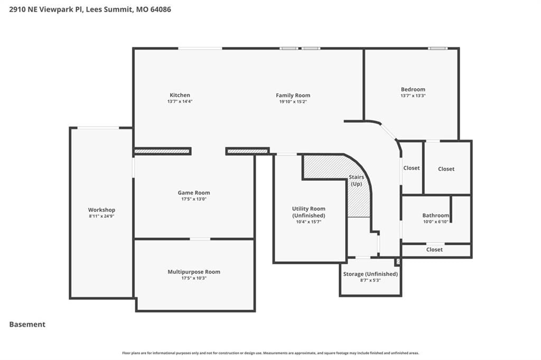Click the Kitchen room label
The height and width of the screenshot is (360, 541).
pyautogui.click(x=180, y=95)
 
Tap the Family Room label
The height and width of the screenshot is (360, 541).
pyautogui.click(x=293, y=95)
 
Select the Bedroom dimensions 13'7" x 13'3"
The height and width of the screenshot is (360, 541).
pyautogui.click(x=413, y=96)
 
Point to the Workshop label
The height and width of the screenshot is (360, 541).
pyautogui.click(x=101, y=210)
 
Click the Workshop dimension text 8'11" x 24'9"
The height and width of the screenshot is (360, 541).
pyautogui.click(x=101, y=216)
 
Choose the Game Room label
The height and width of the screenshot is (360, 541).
pyautogui.click(x=194, y=192)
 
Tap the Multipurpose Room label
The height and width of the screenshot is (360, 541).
pyautogui.click(x=194, y=272)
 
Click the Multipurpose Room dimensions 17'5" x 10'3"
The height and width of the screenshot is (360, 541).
pyautogui.click(x=194, y=278)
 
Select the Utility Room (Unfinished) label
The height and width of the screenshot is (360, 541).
pyautogui.click(x=309, y=212)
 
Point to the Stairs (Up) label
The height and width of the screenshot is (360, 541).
pyautogui.click(x=357, y=180)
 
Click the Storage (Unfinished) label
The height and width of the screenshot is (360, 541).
pyautogui.click(x=370, y=274)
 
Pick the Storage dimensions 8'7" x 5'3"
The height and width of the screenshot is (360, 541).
pyautogui.click(x=370, y=280)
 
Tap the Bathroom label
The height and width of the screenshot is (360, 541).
pyautogui.click(x=436, y=215)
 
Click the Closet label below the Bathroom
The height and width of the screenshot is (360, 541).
pyautogui.click(x=434, y=250)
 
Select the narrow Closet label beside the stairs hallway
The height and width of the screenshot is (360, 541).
pyautogui.click(x=412, y=168)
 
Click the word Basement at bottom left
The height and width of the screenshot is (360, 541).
pyautogui.click(x=27, y=325)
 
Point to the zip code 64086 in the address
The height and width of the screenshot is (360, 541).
pyautogui.click(x=161, y=10)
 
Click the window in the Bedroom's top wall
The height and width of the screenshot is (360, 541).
pyautogui.click(x=437, y=48)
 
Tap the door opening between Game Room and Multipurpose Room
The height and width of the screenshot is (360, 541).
pyautogui.click(x=200, y=239)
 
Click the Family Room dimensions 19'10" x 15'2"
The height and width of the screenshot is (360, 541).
pyautogui.click(x=293, y=102)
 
